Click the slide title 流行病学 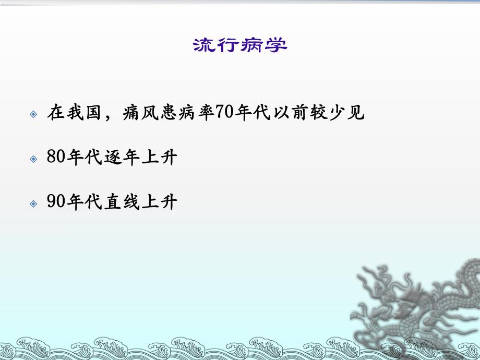[240, 46]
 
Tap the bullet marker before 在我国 [34, 114]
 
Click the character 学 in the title [276, 46]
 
